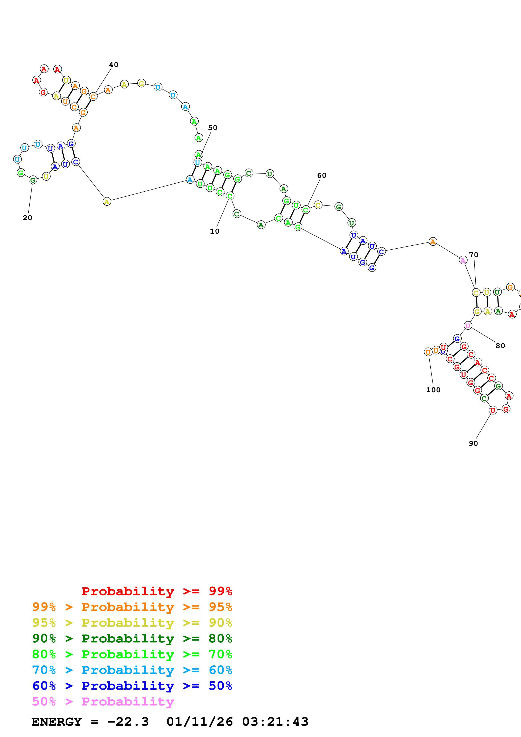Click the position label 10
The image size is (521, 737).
pos(214,231)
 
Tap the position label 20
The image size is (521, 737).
pos(28,218)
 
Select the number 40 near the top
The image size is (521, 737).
pos(114,64)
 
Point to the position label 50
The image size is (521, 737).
pos(212,128)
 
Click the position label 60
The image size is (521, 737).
pos(322,175)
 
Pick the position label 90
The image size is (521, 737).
pos(473,443)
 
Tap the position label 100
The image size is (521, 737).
pos(433,390)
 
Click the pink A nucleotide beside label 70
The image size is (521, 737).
pos(463,260)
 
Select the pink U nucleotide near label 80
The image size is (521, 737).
pos(468,325)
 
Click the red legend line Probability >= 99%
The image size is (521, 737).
pos(157,591)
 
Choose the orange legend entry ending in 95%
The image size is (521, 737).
pos(132,607)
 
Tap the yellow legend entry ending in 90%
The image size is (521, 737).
pos(132,623)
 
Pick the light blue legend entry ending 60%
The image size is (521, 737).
pos(132,670)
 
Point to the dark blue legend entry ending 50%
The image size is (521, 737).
pos(132,686)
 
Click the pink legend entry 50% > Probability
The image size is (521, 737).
pos(103,701)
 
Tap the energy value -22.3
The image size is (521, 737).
pos(128,722)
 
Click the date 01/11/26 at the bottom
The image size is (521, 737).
pos(199,722)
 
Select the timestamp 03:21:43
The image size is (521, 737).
pos(275,722)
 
